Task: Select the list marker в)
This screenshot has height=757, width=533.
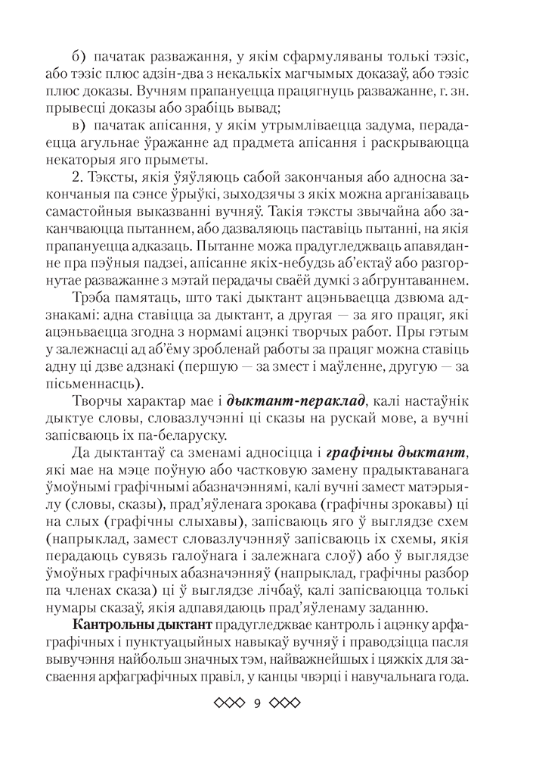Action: tap(79, 126)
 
